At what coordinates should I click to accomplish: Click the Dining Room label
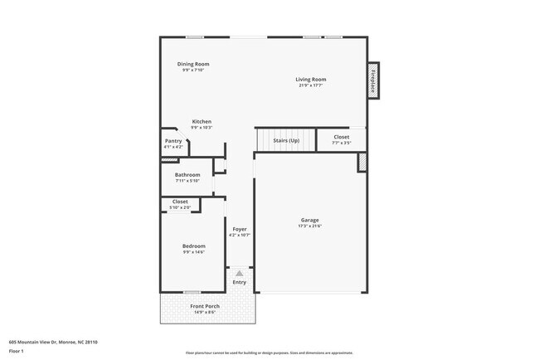pos(193,64)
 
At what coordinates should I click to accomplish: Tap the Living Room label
pos(311,80)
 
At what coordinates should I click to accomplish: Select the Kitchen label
pos(202,122)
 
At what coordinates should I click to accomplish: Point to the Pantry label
pos(173,141)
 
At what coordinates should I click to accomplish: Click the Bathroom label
pos(187,175)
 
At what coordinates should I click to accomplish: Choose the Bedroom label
pos(194,246)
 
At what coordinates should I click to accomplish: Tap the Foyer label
pos(240,229)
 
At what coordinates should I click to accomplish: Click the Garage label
pos(309,221)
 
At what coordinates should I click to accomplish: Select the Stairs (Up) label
pos(286,139)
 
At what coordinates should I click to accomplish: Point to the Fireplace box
pos(373,80)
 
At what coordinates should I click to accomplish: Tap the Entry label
pos(240,283)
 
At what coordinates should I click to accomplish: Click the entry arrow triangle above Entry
pos(240,272)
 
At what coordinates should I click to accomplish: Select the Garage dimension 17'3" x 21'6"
pos(309,226)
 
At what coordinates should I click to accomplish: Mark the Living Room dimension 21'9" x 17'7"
pos(311,85)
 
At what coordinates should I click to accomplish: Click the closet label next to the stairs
pos(342,137)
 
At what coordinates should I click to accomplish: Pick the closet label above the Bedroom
pos(180,202)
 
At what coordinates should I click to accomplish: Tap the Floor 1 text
pos(17,351)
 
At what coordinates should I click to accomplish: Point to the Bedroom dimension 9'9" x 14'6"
pos(194,251)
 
